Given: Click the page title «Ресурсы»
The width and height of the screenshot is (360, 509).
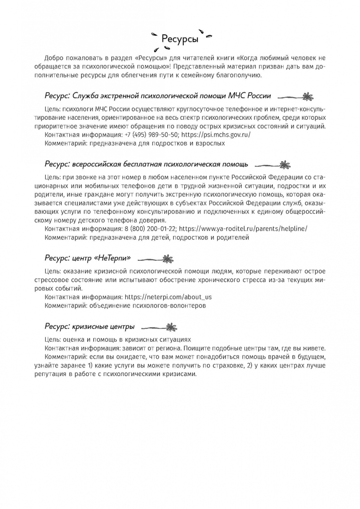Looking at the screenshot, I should [180, 39].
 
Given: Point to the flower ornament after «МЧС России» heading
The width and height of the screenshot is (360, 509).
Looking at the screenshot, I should [307, 96].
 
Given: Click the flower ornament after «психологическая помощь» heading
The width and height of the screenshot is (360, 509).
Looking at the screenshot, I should [285, 165].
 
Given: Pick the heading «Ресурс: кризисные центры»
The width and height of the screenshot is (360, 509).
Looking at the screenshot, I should [90, 327].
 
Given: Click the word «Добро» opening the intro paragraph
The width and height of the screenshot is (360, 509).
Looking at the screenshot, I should [55, 57].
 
